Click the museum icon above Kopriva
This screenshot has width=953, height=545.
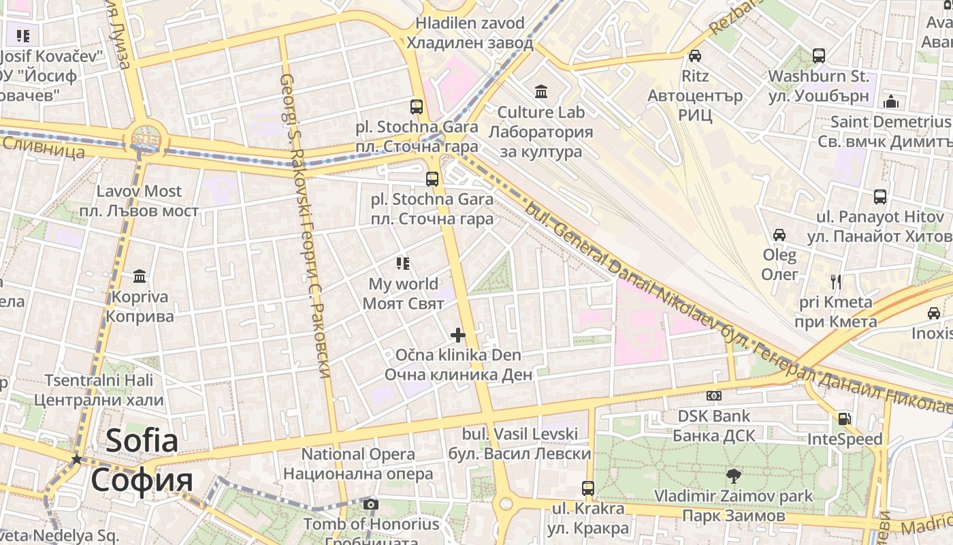[x=140, y=276]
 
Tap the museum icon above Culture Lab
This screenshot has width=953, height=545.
[x=541, y=91]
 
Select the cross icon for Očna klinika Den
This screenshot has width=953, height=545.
[x=458, y=334]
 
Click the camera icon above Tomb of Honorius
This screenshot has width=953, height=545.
[x=370, y=505]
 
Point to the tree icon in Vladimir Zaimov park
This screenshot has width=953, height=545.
[x=733, y=476]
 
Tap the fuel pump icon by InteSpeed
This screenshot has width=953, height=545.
[x=844, y=419]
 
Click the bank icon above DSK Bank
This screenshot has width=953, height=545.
[x=713, y=395]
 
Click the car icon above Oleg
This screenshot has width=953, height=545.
[x=779, y=235]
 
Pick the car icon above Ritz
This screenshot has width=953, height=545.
[x=694, y=56]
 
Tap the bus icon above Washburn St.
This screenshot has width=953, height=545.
[x=818, y=56]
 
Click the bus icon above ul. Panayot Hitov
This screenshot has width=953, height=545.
[x=879, y=197]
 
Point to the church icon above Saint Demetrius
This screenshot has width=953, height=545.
[x=891, y=102]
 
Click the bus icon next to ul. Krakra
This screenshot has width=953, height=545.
[x=587, y=488]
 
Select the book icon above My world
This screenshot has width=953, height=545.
[x=402, y=263]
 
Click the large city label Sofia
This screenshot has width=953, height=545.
[x=142, y=441]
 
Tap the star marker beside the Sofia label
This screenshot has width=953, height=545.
[x=77, y=459]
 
